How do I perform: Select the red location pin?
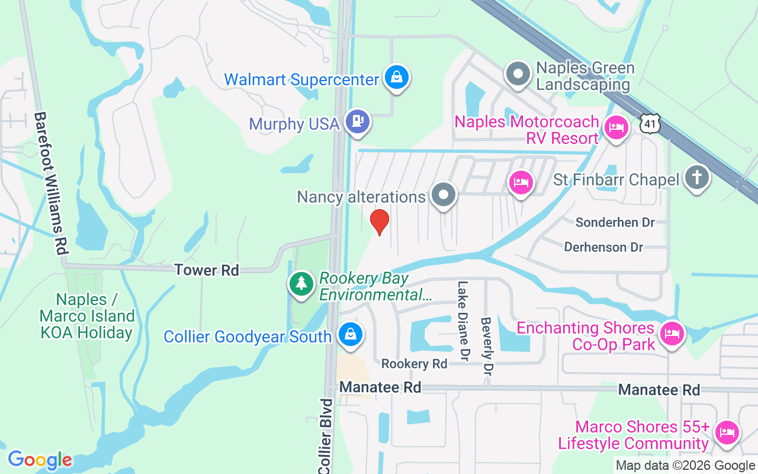[380, 221]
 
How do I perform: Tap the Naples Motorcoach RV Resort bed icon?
[616, 127]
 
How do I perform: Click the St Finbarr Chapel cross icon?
[697, 177]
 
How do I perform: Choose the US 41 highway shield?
[649, 123]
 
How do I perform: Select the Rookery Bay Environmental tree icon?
[301, 283]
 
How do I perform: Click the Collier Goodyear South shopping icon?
[351, 334]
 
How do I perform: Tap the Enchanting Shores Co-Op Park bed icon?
[672, 333]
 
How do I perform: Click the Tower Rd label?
[207, 270]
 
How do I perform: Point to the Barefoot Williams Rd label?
[49, 184]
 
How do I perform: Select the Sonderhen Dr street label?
[615, 222]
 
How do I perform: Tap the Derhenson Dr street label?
[603, 247]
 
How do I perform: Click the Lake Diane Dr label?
[462, 321]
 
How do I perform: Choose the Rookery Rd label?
[414, 364]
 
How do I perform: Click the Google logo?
[40, 460]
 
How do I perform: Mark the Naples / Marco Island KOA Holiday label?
[86, 316]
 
